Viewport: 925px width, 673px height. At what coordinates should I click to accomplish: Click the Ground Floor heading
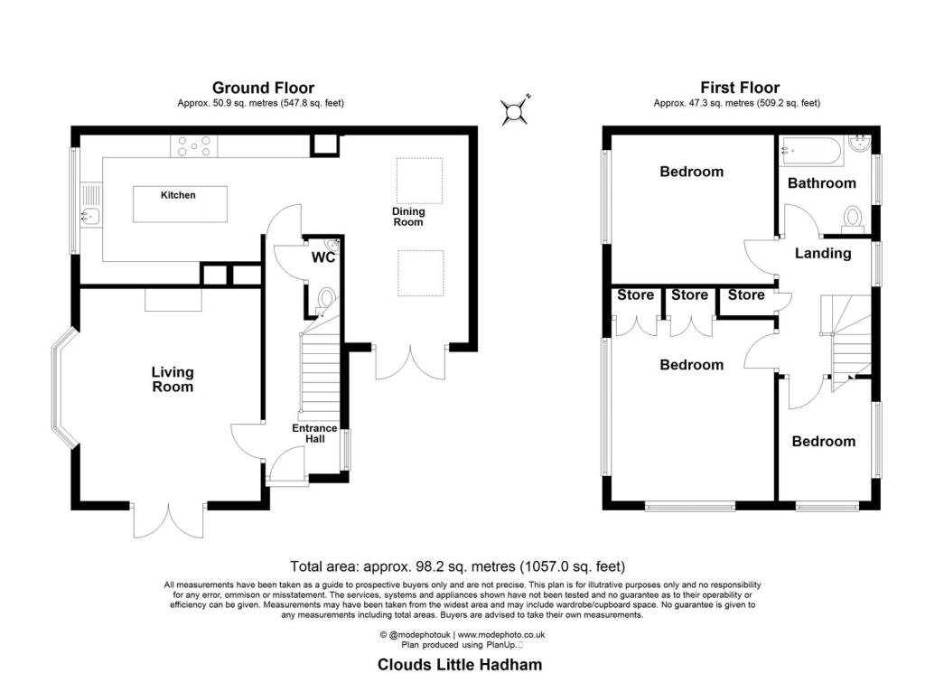pos(263,88)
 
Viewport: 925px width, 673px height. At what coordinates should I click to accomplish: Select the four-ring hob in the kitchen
pos(194,145)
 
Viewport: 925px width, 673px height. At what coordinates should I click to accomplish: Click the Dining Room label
pos(407,217)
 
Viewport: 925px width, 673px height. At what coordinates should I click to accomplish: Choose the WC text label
pos(323,258)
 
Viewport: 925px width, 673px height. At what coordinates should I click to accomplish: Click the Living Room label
pos(173,379)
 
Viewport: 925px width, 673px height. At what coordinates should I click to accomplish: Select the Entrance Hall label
pos(313,434)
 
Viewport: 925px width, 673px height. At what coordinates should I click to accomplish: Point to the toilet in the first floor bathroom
pos(851,216)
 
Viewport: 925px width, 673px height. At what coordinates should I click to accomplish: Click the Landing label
pos(822,254)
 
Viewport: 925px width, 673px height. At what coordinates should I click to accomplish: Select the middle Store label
pos(689,295)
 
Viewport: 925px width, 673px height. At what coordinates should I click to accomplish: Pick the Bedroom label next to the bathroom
pos(691,172)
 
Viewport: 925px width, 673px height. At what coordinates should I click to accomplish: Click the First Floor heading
pos(740,88)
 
